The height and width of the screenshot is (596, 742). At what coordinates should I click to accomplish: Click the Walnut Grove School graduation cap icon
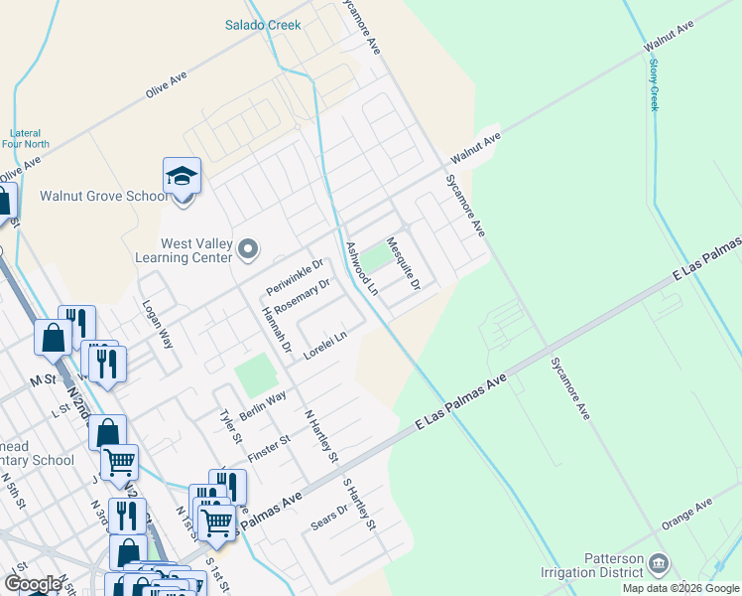point(183,177)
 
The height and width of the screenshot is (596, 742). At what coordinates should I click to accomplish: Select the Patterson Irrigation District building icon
point(658,565)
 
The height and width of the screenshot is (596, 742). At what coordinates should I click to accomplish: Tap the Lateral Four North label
point(25,138)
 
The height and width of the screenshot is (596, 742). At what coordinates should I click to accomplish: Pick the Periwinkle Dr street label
point(295,277)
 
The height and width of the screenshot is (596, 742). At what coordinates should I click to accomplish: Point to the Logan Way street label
point(159,324)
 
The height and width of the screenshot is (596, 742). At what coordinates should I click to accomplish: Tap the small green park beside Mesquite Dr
point(374,257)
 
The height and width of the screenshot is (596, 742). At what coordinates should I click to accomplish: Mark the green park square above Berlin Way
point(256,374)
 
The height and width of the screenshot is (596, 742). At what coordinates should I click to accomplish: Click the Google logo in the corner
point(33,584)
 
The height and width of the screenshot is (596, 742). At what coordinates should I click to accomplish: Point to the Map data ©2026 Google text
point(680,588)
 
